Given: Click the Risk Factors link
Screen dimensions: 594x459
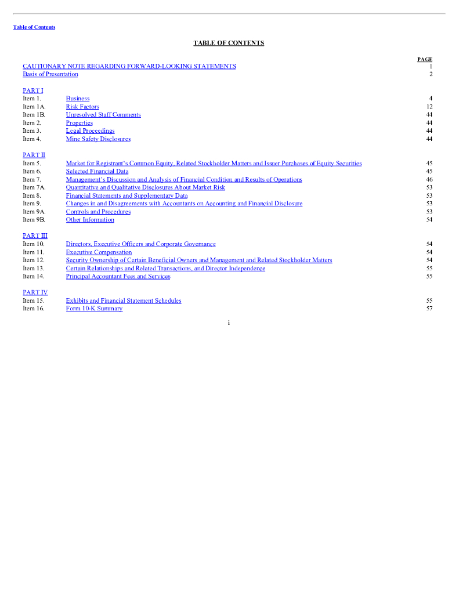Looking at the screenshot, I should tap(82, 107).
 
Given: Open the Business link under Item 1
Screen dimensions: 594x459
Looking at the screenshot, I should tap(78, 99).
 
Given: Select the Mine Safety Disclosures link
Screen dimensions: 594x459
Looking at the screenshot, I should tap(98, 139).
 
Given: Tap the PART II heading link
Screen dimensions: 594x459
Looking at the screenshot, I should tap(34, 155).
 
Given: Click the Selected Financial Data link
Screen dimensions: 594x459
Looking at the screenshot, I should tap(97, 172).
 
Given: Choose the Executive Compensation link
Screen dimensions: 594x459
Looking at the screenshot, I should tap(99, 252).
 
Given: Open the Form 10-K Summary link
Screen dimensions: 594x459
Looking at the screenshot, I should tap(94, 309).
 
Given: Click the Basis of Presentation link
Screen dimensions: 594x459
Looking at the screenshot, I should tap(50, 74).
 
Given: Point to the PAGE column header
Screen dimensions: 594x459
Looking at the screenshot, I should tap(425, 59).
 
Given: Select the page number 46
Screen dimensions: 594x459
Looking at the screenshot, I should tap(429, 180).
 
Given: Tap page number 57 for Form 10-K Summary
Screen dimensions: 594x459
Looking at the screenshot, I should tap(429, 309).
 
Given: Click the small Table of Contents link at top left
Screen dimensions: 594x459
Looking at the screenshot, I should tap(34, 27).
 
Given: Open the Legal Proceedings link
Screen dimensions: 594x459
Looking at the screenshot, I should tap(90, 131).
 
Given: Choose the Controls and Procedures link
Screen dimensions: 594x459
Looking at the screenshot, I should tap(98, 212).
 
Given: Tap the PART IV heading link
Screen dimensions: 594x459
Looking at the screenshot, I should tap(35, 292).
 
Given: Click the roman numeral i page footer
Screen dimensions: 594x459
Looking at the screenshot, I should tap(229, 323).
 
